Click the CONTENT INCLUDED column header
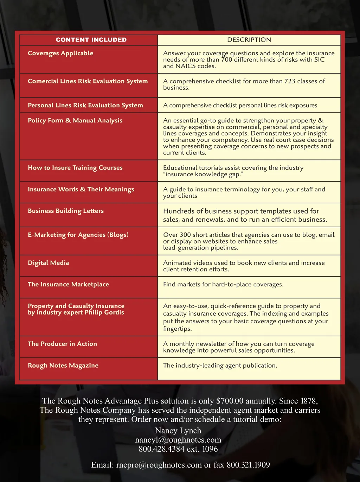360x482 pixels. [x=91, y=40]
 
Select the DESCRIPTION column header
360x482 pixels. [x=249, y=40]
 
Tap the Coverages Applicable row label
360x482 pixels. [x=60, y=53]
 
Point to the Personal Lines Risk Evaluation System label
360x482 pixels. [x=85, y=105]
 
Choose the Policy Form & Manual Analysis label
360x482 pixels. [x=75, y=120]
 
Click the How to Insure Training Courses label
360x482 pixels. [x=75, y=168]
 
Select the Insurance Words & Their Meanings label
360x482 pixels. [x=81, y=189]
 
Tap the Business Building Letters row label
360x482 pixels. [x=66, y=211]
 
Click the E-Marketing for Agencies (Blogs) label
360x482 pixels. [x=78, y=235]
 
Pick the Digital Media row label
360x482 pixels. [x=48, y=263]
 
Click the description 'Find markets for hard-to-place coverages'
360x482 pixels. [x=223, y=284]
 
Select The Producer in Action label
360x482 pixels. [x=62, y=344]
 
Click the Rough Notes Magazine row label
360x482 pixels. [x=63, y=366]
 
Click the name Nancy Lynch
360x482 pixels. [x=178, y=431]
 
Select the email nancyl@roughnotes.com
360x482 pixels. [x=178, y=440]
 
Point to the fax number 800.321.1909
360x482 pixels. [x=248, y=465]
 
